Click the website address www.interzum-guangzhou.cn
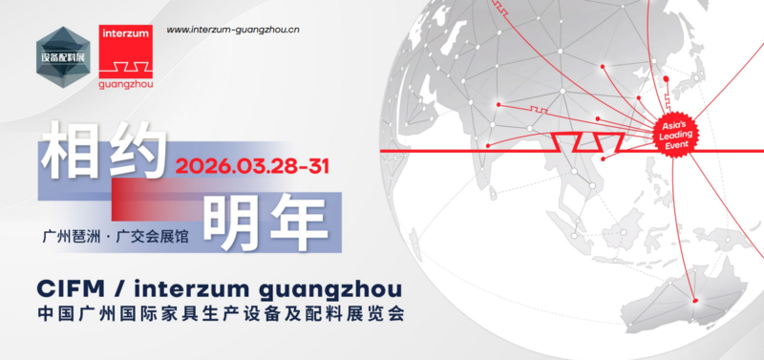point(233,30)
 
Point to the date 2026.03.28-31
point(252,165)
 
